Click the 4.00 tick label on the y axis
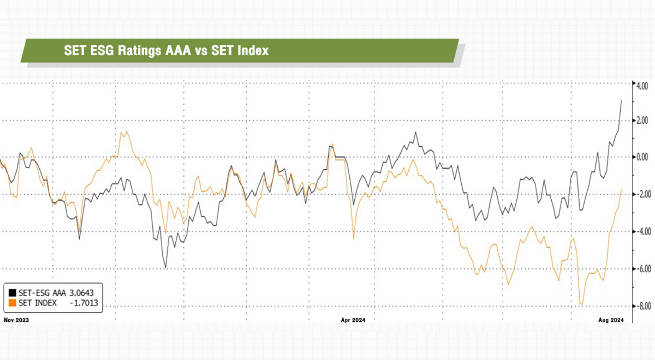[640, 86]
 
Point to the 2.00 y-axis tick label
[640, 121]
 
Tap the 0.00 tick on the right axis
[640, 157]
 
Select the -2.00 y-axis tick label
[639, 194]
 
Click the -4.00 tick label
[639, 231]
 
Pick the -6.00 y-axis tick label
[639, 269]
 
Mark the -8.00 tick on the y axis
[639, 306]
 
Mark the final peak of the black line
[621, 100]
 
